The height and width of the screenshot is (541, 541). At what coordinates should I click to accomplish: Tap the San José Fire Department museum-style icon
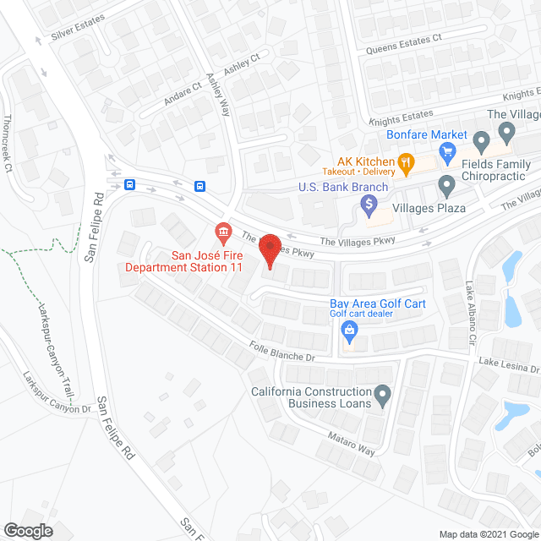(x=223, y=231)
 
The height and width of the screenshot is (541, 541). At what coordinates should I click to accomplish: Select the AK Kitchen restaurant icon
(x=407, y=161)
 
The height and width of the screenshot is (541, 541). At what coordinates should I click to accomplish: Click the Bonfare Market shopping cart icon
(x=447, y=153)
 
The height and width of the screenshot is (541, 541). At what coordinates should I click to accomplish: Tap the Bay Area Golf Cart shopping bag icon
(x=347, y=332)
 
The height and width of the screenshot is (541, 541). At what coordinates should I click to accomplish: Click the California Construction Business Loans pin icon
(x=382, y=394)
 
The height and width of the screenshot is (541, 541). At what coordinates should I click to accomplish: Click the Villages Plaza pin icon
(x=446, y=184)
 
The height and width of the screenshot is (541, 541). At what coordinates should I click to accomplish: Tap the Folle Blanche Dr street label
(x=282, y=352)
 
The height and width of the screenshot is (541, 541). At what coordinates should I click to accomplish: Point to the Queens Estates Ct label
(x=404, y=44)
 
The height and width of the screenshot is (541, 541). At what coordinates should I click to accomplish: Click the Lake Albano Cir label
(x=470, y=312)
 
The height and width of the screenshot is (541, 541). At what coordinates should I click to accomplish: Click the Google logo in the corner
(x=27, y=530)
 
